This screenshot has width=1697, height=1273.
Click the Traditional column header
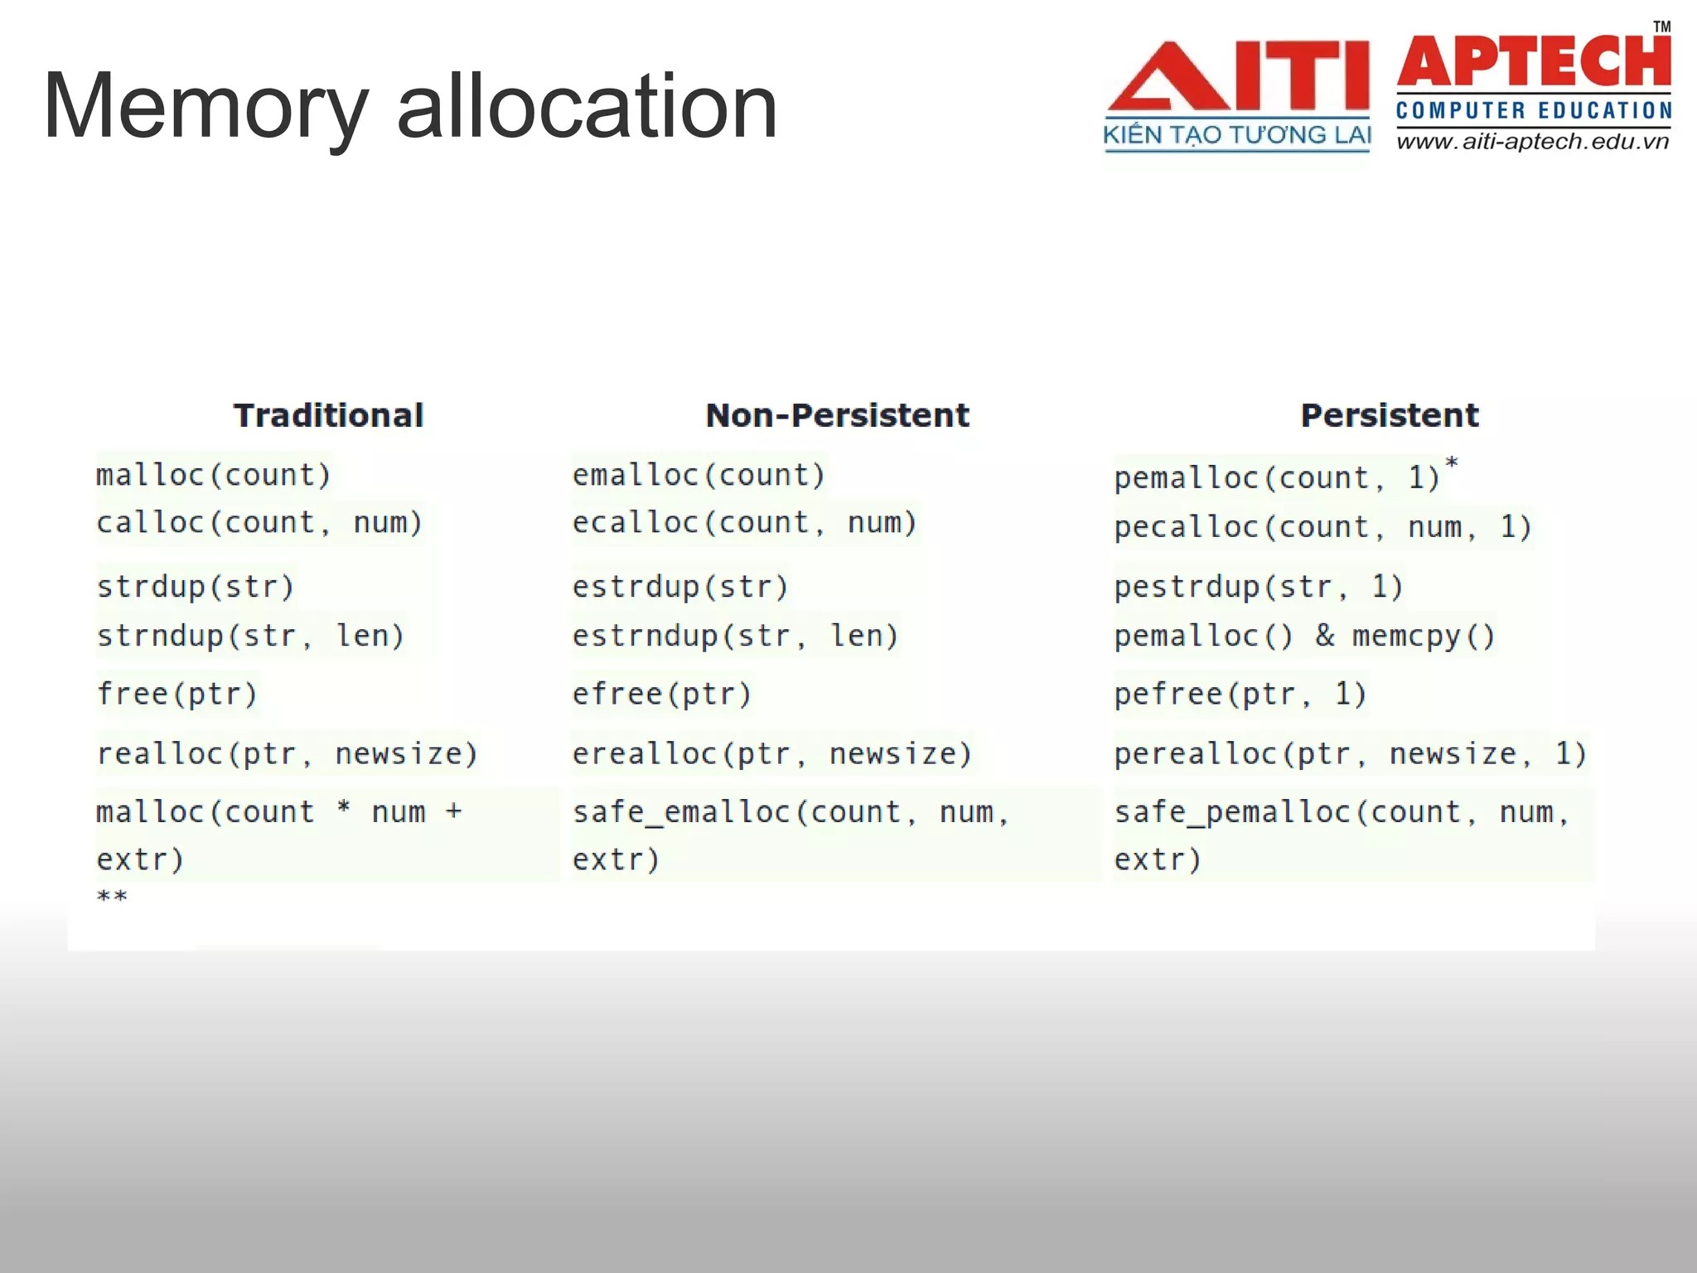point(328,415)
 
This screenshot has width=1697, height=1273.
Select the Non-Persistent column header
point(837,415)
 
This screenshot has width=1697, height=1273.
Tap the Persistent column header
point(1389,415)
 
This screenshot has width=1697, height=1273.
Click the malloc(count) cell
point(213,475)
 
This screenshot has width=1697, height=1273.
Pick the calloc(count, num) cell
point(259,523)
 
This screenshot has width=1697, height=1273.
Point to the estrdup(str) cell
point(679,587)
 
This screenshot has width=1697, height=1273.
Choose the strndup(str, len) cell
point(250,636)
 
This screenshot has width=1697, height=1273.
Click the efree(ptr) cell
point(661,694)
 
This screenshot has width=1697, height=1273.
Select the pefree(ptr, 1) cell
point(1240,694)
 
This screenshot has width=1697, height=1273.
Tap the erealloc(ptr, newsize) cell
point(771,753)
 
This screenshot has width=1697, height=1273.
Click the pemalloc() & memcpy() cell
point(1304,636)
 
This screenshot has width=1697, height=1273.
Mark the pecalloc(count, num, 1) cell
point(1322,527)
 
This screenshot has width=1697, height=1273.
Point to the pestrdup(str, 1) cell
point(1258,587)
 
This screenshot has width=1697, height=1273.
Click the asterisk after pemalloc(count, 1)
point(1451,463)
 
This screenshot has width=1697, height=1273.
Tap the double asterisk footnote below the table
point(112,897)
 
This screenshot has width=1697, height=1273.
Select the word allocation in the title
point(587,108)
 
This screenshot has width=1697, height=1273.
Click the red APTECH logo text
point(1534,63)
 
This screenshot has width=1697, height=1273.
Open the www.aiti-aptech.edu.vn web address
point(1532,142)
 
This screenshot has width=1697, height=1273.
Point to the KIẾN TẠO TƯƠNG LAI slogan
point(1236,135)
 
